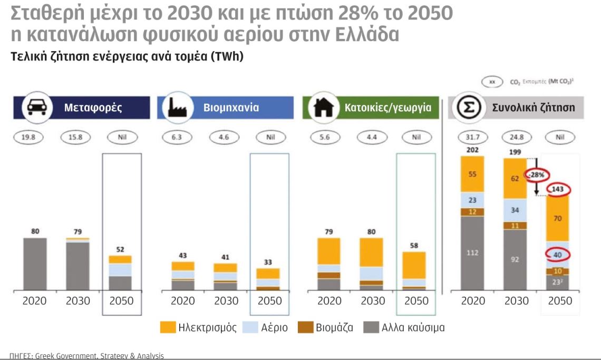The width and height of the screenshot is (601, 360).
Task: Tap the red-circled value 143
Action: (560, 190)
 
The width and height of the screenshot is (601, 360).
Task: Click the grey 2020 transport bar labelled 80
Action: (34, 264)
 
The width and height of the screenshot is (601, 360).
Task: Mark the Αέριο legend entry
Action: (266, 328)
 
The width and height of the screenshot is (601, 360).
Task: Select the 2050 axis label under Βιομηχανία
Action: (269, 301)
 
